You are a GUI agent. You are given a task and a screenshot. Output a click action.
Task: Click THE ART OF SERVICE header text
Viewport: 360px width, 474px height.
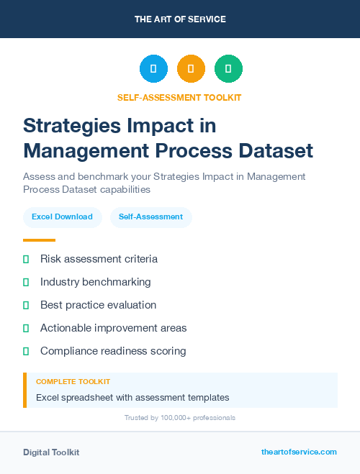pos(180,19)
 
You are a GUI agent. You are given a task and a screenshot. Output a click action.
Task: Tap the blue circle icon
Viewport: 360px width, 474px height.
pos(153,69)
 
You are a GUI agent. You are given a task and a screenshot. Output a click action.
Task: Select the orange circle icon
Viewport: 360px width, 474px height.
pos(191,69)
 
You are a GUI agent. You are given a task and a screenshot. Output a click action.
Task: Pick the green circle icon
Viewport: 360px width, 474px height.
pos(228,69)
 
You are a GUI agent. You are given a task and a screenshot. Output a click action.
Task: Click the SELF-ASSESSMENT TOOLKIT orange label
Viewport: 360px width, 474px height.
pos(179,97)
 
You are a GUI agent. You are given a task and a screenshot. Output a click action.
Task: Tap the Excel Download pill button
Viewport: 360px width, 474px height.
pos(62,217)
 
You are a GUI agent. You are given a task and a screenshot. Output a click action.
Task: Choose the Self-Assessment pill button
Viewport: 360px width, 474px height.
pos(150,217)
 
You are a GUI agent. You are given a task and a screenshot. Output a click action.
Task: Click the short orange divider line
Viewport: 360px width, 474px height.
pos(39,240)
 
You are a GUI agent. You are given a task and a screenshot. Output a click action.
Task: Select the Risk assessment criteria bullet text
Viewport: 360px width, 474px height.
pos(99,259)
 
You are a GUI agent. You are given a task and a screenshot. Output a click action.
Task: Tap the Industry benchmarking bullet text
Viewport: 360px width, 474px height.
pos(95,282)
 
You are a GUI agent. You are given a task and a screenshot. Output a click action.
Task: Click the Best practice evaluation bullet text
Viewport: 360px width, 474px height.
pos(98,305)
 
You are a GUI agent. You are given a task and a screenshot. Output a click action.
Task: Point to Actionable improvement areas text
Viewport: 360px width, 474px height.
pos(113,328)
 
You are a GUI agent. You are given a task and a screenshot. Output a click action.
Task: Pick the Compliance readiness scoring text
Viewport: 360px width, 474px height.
pos(113,351)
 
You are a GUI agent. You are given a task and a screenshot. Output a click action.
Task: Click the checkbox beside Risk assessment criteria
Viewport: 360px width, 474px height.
pos(26,259)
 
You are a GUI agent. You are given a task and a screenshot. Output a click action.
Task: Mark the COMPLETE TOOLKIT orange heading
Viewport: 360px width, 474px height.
pos(73,381)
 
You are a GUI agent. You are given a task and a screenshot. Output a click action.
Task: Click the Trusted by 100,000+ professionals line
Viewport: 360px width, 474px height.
pos(180,417)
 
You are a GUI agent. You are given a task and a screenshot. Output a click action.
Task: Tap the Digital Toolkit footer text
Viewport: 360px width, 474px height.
pos(51,452)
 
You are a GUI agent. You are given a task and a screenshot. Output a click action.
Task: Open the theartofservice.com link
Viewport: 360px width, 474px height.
pos(299,452)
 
